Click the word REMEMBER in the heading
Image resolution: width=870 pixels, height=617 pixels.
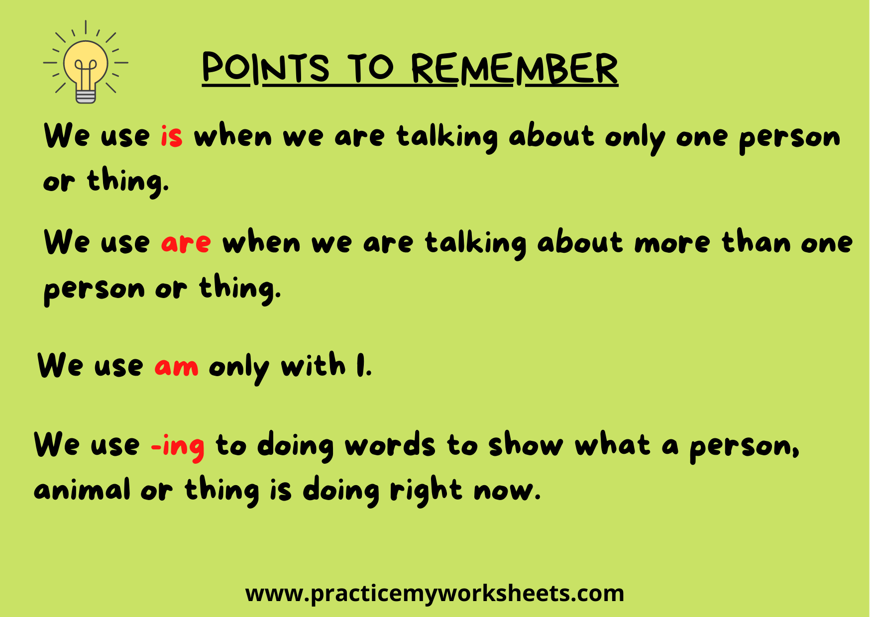click(x=515, y=69)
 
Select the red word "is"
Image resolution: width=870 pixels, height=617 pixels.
click(x=172, y=136)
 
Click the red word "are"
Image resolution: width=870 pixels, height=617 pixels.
click(x=186, y=243)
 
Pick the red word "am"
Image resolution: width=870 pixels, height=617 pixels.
click(x=177, y=367)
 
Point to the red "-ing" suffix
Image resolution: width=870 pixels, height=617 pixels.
click(x=178, y=446)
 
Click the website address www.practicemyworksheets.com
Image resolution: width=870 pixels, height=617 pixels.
click(x=435, y=594)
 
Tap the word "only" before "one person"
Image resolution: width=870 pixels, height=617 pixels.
click(x=635, y=138)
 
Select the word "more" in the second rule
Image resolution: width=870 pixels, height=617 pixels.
click(x=672, y=243)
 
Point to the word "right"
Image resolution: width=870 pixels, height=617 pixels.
click(x=426, y=490)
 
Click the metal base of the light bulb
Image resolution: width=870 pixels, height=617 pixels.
click(x=86, y=95)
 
